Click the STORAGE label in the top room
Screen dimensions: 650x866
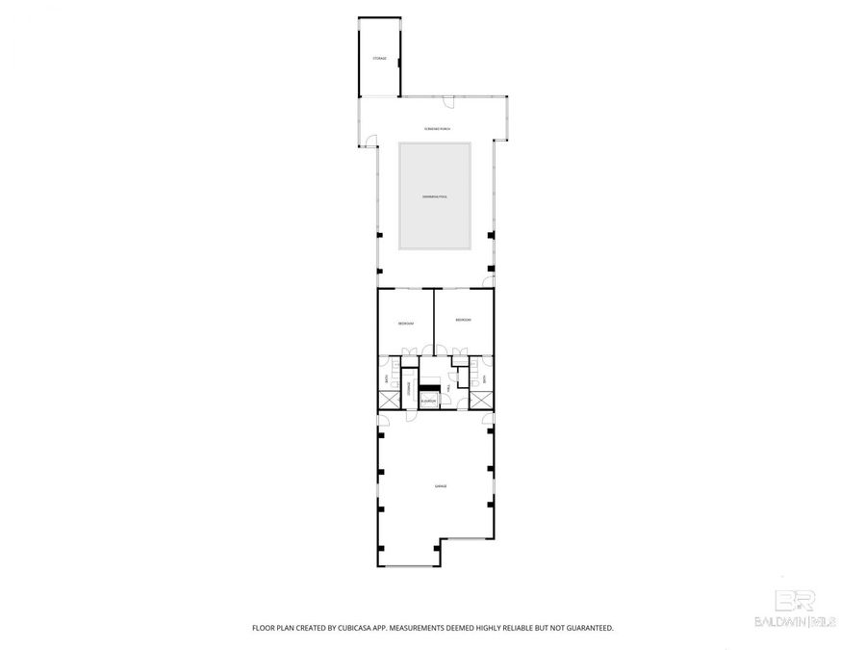(x=380, y=59)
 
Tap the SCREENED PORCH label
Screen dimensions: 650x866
(x=437, y=129)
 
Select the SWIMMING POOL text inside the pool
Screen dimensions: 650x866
(x=435, y=196)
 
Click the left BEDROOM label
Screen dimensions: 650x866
(x=406, y=324)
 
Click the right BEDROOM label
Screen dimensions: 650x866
(x=463, y=319)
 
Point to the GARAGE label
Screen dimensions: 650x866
(x=440, y=487)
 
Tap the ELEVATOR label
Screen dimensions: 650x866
(x=428, y=401)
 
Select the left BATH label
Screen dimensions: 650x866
(x=386, y=380)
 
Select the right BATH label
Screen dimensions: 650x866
(x=484, y=379)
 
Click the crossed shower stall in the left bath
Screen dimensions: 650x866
(x=389, y=400)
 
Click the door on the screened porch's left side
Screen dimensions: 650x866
(x=367, y=144)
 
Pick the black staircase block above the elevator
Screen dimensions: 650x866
(x=430, y=388)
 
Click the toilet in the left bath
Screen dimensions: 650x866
(x=395, y=383)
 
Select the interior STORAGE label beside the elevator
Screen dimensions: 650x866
(x=409, y=389)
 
